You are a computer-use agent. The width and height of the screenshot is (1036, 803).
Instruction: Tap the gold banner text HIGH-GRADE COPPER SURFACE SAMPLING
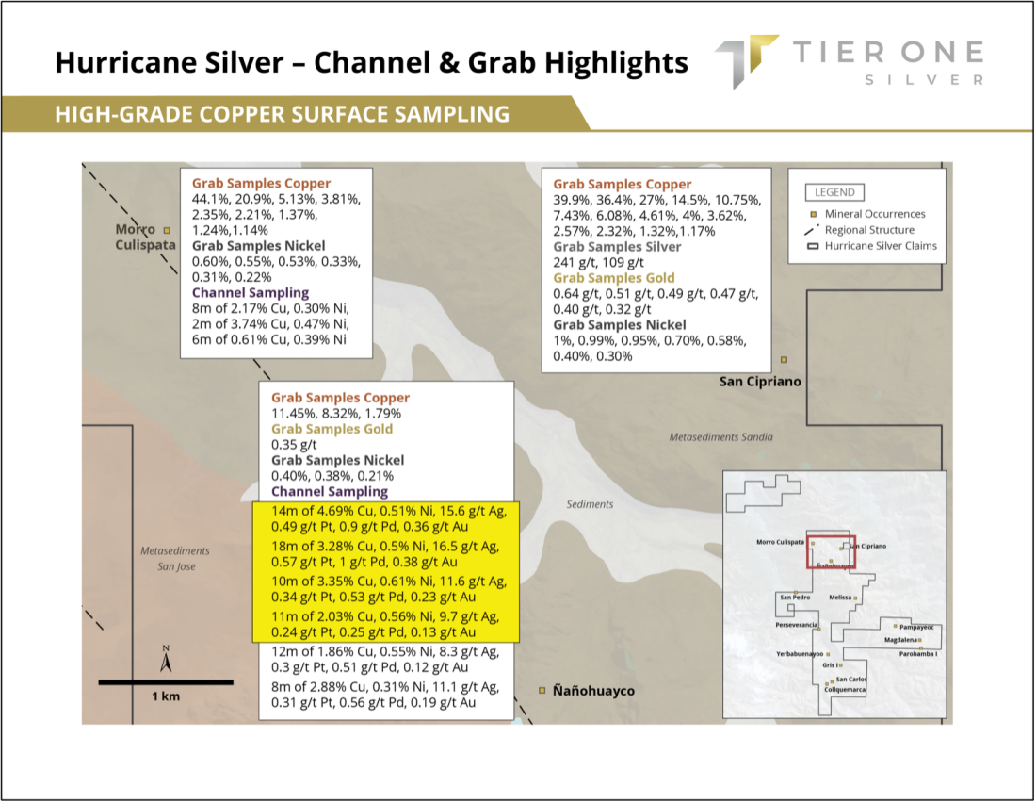pyautogui.click(x=283, y=114)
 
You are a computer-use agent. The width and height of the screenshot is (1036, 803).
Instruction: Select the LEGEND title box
pyautogui.click(x=834, y=192)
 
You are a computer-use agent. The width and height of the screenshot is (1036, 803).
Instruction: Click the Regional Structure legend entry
pyautogui.click(x=859, y=230)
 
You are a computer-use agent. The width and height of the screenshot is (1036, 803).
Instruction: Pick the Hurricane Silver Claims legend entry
pyautogui.click(x=871, y=246)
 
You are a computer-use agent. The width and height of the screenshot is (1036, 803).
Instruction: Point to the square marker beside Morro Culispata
pyautogui.click(x=167, y=230)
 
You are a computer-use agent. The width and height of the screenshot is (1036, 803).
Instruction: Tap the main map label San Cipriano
pyautogui.click(x=760, y=382)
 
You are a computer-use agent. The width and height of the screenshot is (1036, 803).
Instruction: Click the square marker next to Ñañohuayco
pyautogui.click(x=542, y=691)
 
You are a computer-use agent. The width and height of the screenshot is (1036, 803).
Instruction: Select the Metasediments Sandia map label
pyautogui.click(x=720, y=437)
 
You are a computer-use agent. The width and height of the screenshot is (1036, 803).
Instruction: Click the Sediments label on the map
pyautogui.click(x=590, y=504)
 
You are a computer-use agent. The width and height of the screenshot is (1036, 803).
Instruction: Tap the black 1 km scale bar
pyautogui.click(x=166, y=682)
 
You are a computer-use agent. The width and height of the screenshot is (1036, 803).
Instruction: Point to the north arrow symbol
pyautogui.click(x=166, y=660)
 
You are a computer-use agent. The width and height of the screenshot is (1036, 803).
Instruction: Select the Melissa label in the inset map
pyautogui.click(x=840, y=598)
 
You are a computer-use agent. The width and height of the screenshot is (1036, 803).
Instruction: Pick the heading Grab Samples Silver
pyautogui.click(x=617, y=247)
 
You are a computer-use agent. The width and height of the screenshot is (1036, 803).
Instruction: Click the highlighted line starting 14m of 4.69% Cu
pyautogui.click(x=389, y=512)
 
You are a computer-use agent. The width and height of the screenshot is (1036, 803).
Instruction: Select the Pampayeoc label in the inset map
pyautogui.click(x=916, y=627)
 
